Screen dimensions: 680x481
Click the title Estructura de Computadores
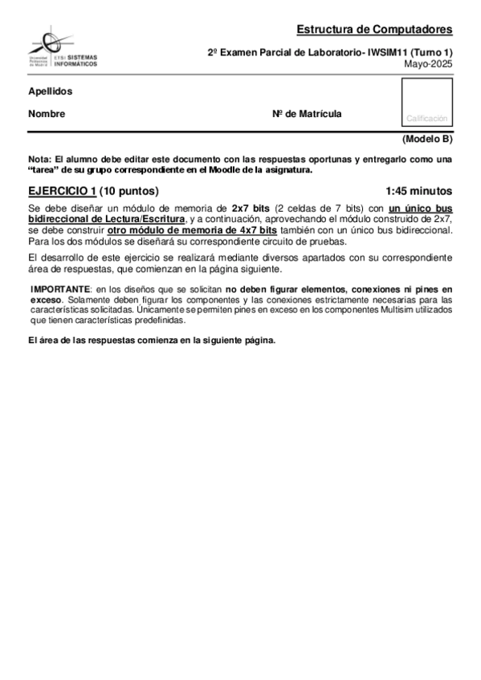click(374, 30)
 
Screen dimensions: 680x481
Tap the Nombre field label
click(47, 114)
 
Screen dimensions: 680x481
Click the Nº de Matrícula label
click(307, 114)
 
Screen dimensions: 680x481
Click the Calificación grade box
click(426, 105)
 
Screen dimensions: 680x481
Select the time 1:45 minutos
click(418, 191)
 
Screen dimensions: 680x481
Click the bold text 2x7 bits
click(251, 207)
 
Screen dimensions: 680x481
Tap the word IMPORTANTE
click(61, 287)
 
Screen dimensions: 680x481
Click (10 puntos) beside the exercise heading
click(129, 191)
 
